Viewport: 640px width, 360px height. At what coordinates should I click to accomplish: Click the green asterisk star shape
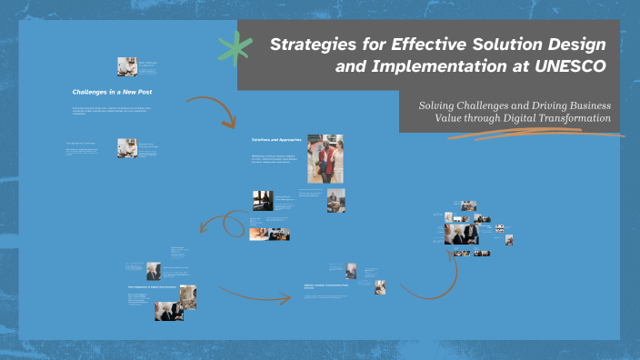235,47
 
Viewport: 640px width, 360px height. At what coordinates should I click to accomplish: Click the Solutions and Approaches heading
275,140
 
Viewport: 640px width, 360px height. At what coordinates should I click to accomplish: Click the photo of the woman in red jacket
325,159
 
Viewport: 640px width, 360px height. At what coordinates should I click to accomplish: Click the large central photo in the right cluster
461,232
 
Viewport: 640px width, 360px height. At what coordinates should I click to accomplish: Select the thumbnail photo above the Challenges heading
126,65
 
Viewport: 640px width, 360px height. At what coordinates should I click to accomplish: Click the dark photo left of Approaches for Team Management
263,200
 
